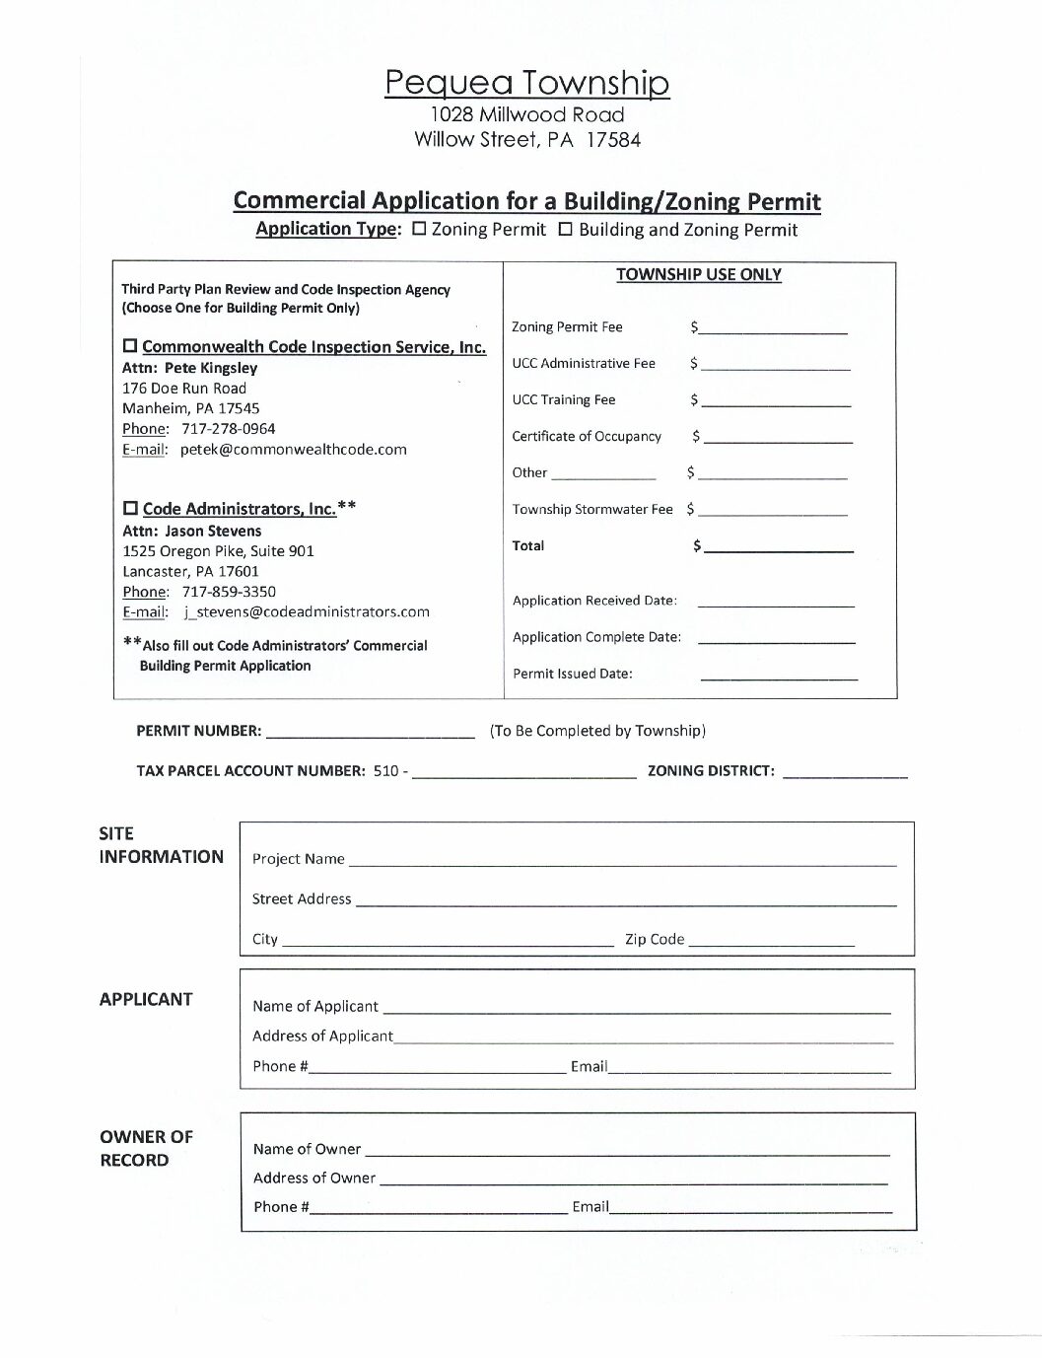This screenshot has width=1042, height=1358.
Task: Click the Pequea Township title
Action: [x=526, y=83]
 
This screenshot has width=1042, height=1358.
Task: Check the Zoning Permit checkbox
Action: [x=419, y=229]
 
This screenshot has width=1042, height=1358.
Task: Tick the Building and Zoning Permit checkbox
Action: [x=566, y=229]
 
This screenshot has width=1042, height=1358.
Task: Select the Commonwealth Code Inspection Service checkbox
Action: [x=130, y=346]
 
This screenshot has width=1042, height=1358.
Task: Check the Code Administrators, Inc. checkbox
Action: [x=130, y=509]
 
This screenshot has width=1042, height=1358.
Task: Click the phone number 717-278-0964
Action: [x=228, y=429]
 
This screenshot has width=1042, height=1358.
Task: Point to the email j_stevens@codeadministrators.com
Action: [x=306, y=612]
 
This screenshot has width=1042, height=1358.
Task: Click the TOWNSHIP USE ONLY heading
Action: [x=699, y=275]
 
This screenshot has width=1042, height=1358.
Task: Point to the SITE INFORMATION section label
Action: [x=161, y=845]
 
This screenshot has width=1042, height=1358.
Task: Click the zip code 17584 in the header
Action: [x=613, y=140]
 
